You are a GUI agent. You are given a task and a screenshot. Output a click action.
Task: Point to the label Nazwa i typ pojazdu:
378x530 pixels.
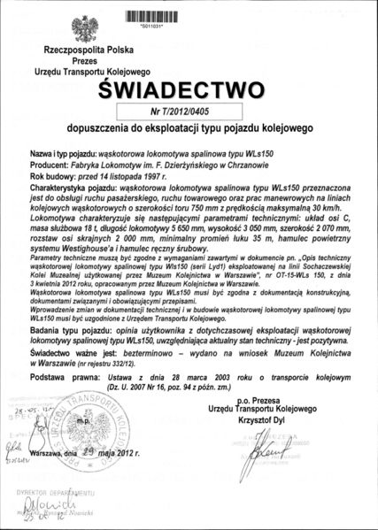pos(72,154)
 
